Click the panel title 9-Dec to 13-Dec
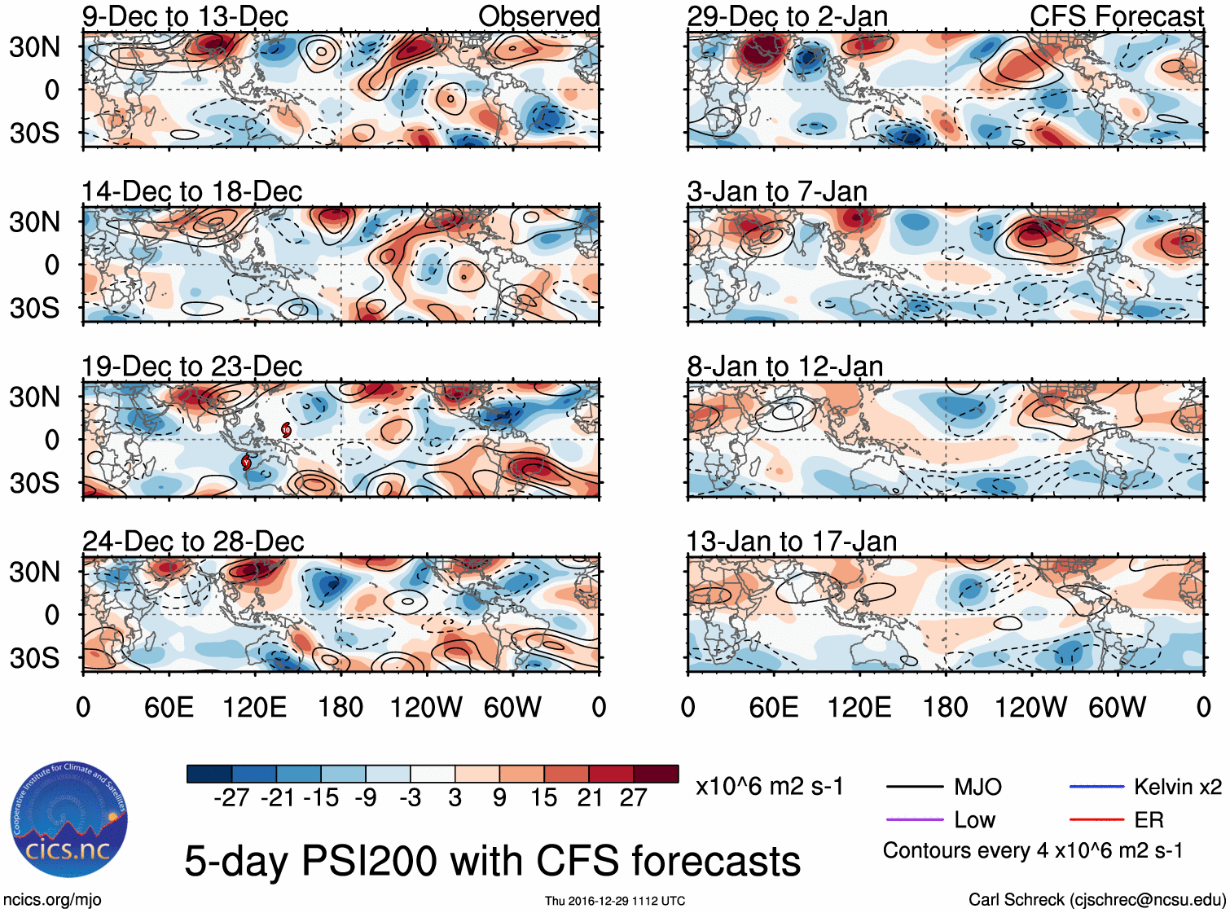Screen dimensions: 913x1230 pyautogui.click(x=185, y=16)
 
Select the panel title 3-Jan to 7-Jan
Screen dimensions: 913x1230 pyautogui.click(x=776, y=191)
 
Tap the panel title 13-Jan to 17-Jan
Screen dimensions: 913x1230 pyautogui.click(x=791, y=542)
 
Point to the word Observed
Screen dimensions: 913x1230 pyautogui.click(x=538, y=16)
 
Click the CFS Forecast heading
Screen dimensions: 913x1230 pyautogui.click(x=1116, y=16)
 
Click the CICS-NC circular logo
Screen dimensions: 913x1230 pyautogui.click(x=69, y=820)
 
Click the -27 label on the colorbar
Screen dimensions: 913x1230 pyautogui.click(x=231, y=797)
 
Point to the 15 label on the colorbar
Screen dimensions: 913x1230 pyautogui.click(x=543, y=797)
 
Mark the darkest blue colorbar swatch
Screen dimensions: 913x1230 pyautogui.click(x=209, y=774)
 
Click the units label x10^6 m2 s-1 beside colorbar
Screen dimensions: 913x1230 pyautogui.click(x=769, y=787)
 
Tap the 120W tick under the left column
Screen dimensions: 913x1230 pyautogui.click(x=426, y=707)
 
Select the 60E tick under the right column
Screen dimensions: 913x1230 pyautogui.click(x=773, y=707)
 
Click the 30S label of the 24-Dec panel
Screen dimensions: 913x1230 pyautogui.click(x=34, y=657)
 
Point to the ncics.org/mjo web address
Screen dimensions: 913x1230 pyautogui.click(x=52, y=899)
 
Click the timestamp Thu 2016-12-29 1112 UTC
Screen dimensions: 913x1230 pyautogui.click(x=615, y=901)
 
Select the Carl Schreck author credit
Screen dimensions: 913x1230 pyautogui.click(x=1096, y=899)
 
